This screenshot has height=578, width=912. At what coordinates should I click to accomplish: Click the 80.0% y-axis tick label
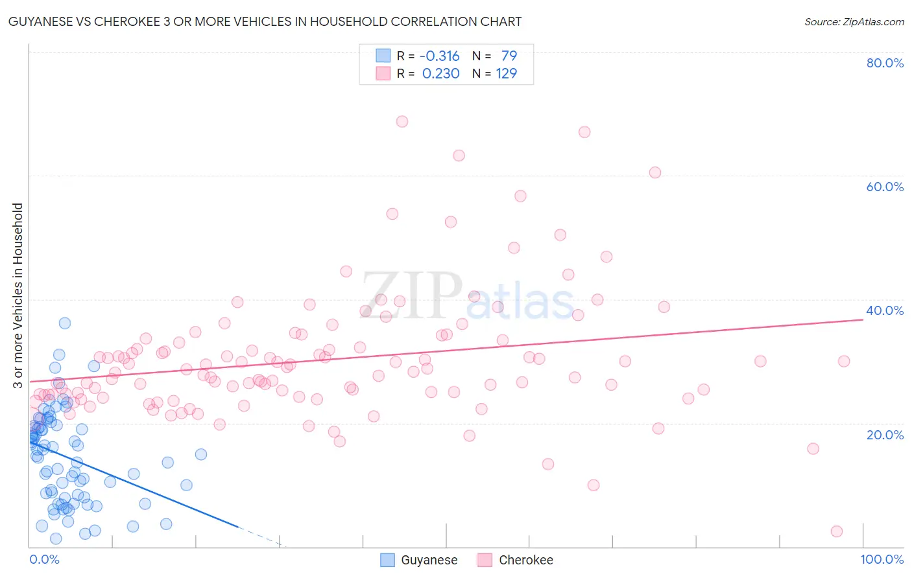(885, 63)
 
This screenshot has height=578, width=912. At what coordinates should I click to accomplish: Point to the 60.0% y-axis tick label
(885, 187)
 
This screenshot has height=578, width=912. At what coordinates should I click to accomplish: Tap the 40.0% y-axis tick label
(885, 310)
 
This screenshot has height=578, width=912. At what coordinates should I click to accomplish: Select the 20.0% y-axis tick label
(885, 434)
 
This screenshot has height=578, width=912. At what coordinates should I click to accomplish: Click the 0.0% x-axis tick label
(44, 559)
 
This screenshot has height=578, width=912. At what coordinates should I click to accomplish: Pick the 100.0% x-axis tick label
(882, 559)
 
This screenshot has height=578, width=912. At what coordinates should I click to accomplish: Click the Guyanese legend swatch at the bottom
(387, 560)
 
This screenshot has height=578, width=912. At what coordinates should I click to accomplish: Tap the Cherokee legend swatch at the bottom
(485, 560)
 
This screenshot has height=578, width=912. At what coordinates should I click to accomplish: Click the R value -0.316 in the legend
(439, 56)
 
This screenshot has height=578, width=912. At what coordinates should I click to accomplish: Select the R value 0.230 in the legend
(440, 74)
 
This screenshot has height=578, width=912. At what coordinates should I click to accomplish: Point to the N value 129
(507, 74)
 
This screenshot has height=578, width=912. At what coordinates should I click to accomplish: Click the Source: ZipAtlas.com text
(854, 22)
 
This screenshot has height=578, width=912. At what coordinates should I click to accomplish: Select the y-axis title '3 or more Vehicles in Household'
(18, 295)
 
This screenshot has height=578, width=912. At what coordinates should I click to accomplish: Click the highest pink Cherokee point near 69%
(402, 121)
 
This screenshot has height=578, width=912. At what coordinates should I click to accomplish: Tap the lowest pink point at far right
(837, 531)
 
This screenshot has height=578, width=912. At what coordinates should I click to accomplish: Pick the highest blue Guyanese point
(65, 323)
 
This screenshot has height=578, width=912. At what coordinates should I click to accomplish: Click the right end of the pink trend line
(863, 319)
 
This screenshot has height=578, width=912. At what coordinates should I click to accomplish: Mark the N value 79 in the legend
(509, 56)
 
